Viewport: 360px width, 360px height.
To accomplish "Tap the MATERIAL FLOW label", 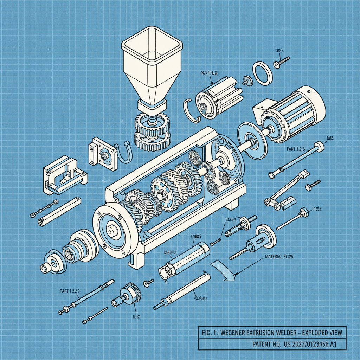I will [279, 257].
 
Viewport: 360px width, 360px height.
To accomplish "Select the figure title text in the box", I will [271, 332].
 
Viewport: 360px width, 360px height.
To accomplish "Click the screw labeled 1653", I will [281, 62].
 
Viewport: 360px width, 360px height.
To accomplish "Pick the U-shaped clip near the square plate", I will [124, 153].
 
